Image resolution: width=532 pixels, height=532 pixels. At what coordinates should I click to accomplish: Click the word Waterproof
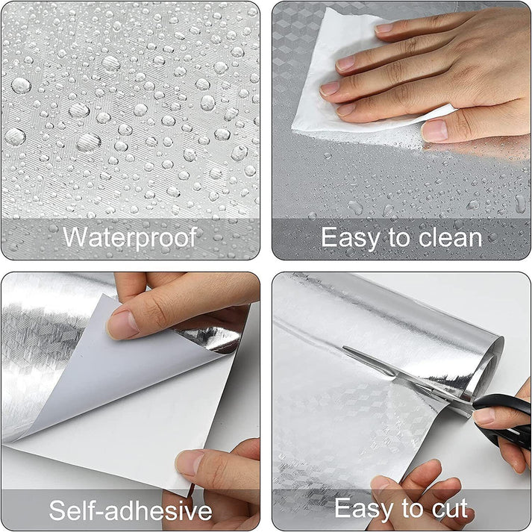coord(130,238)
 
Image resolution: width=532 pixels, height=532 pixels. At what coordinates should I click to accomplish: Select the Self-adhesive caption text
coord(130,510)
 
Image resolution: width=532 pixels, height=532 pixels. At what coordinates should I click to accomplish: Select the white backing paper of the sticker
coord(149,403)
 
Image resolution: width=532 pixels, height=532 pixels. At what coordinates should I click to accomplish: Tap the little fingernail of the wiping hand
coord(436,131)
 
